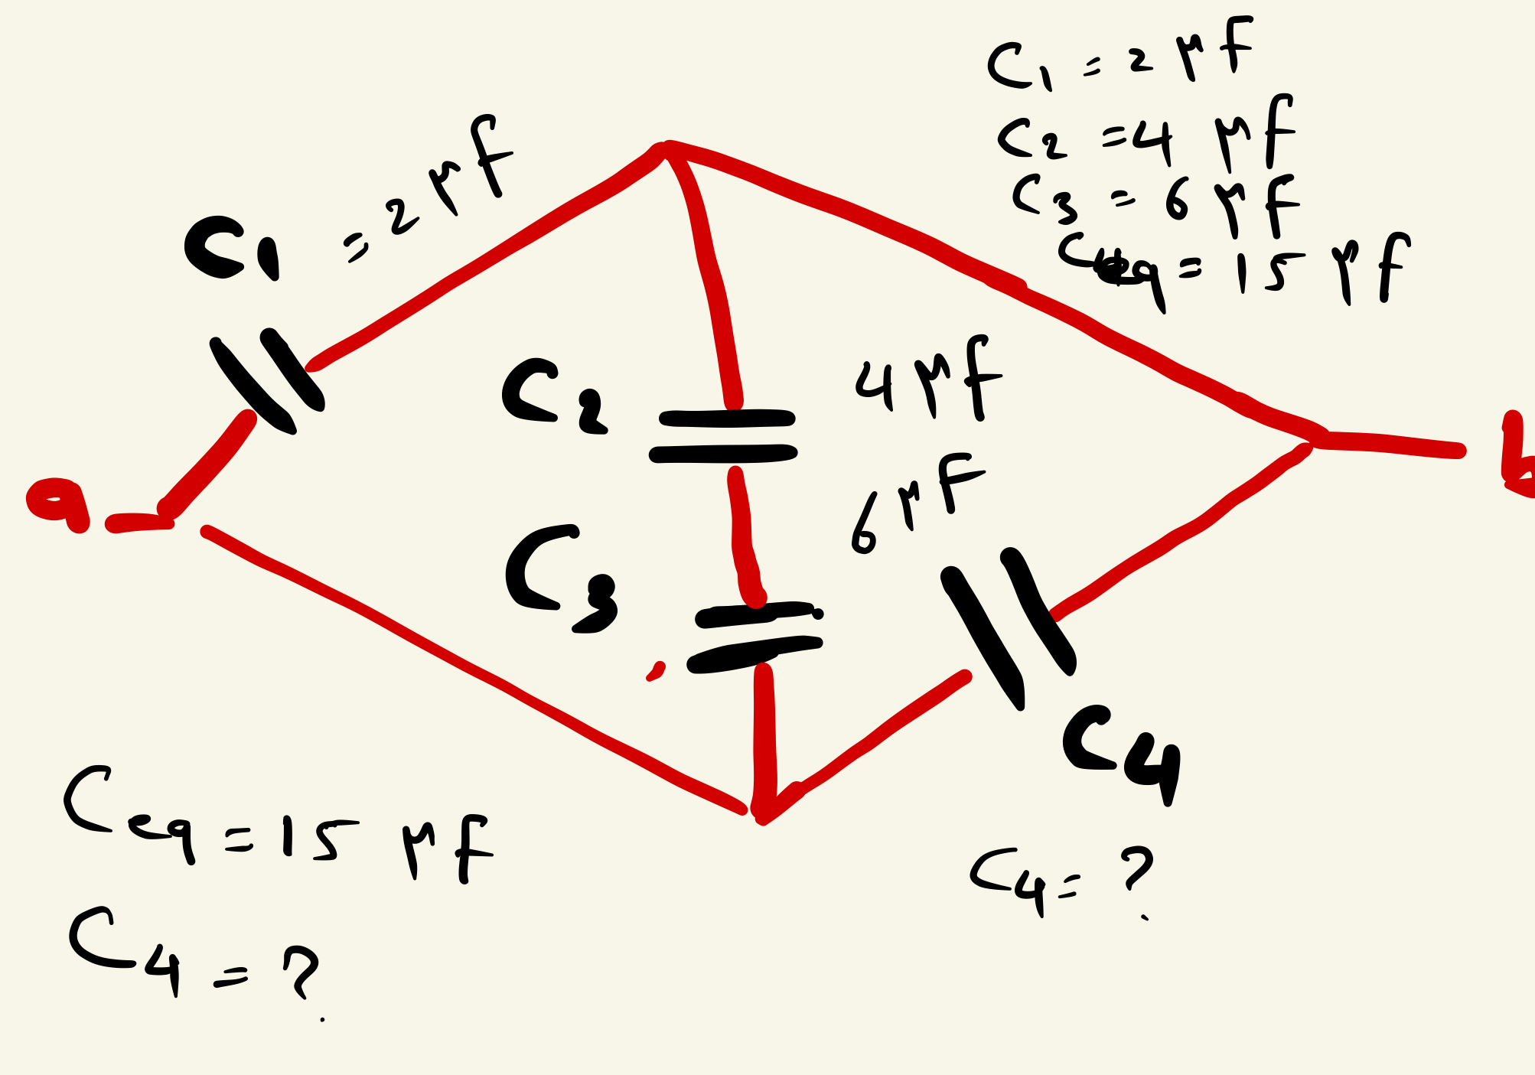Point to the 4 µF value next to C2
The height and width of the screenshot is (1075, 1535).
point(926,380)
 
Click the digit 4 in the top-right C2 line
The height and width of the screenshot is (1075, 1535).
point(1152,141)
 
